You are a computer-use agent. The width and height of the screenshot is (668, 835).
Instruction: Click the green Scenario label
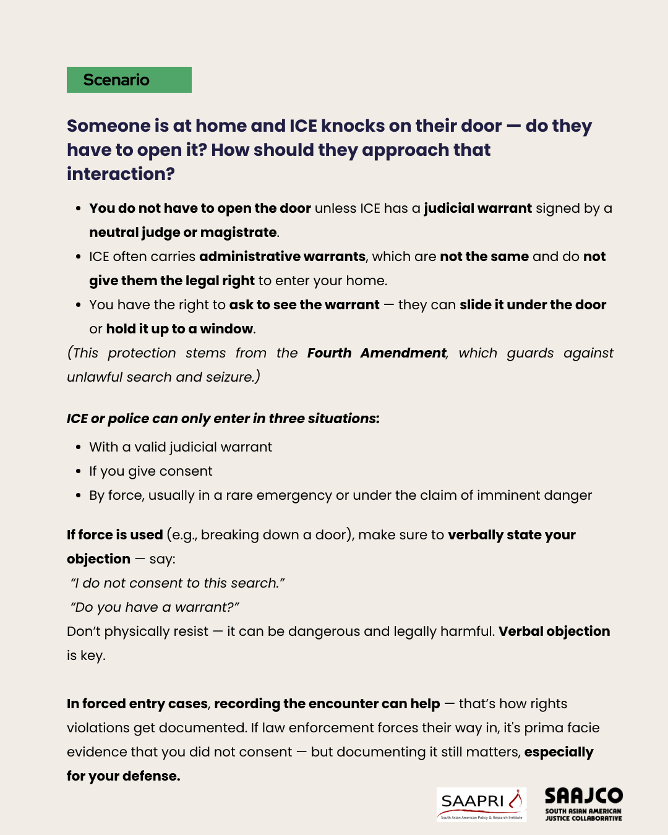tap(129, 80)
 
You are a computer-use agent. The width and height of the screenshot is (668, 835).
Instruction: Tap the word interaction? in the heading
tap(121, 174)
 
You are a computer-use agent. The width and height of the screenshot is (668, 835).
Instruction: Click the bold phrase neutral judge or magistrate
tap(183, 233)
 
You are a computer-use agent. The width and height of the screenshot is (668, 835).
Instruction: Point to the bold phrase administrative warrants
tap(282, 257)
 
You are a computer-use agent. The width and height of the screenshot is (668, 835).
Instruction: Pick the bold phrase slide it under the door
tap(533, 305)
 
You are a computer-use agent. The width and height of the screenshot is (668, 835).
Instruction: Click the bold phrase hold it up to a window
tap(179, 329)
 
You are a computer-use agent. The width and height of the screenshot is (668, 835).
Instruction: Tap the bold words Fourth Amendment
tap(377, 353)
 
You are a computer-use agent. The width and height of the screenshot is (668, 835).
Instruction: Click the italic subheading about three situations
tap(223, 419)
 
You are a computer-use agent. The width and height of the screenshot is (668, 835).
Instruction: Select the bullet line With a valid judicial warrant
tap(181, 447)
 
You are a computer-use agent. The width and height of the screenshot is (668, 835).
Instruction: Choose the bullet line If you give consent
tap(150, 471)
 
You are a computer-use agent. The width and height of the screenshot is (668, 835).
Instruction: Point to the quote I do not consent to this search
tap(178, 583)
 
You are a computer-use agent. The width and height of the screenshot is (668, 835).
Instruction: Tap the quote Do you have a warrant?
tap(155, 607)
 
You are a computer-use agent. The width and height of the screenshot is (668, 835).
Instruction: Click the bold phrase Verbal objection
tap(554, 632)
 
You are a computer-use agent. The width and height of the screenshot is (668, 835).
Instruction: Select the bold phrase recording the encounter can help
tap(327, 704)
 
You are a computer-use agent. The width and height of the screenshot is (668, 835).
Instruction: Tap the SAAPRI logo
tap(481, 804)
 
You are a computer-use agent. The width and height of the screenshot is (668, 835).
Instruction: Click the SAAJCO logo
tap(583, 803)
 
